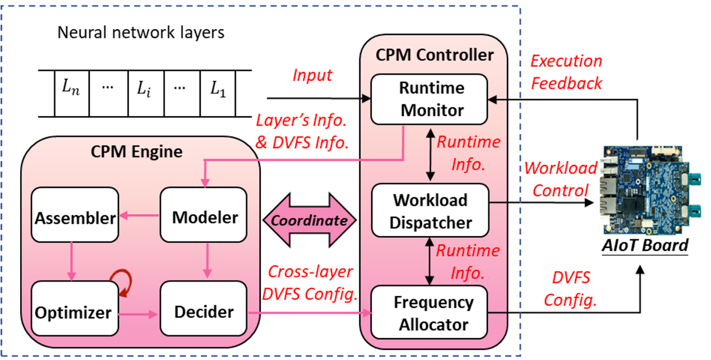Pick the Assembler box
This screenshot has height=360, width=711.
pyautogui.click(x=75, y=218)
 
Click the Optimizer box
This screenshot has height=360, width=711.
pyautogui.click(x=75, y=312)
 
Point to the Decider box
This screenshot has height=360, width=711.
pyautogui.click(x=204, y=312)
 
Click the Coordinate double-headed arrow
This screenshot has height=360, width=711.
pyautogui.click(x=310, y=220)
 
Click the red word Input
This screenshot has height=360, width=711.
pyautogui.click(x=312, y=75)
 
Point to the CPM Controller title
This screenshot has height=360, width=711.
pyautogui.click(x=435, y=55)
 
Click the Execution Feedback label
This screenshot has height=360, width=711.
pyautogui.click(x=566, y=72)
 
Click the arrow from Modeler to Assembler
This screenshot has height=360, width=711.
pyautogui.click(x=140, y=217)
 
